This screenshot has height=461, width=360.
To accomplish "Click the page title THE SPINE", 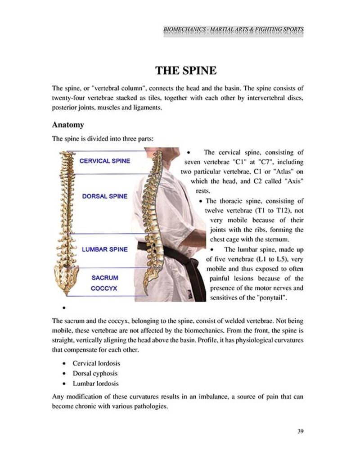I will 186,71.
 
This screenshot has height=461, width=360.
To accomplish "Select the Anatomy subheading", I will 67,124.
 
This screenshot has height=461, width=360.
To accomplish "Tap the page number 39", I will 301,431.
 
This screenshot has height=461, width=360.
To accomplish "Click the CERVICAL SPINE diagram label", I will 104,161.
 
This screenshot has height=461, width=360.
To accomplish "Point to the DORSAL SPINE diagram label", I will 105,196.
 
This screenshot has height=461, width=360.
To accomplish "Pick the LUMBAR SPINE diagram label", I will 104,249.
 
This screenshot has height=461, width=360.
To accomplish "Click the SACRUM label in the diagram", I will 105,278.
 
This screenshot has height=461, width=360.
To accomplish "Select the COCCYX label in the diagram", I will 104,288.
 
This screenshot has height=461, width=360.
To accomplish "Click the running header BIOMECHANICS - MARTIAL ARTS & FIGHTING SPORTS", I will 233,30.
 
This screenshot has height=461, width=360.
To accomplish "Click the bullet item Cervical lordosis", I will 96,363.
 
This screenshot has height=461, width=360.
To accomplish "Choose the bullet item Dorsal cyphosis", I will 95,373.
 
